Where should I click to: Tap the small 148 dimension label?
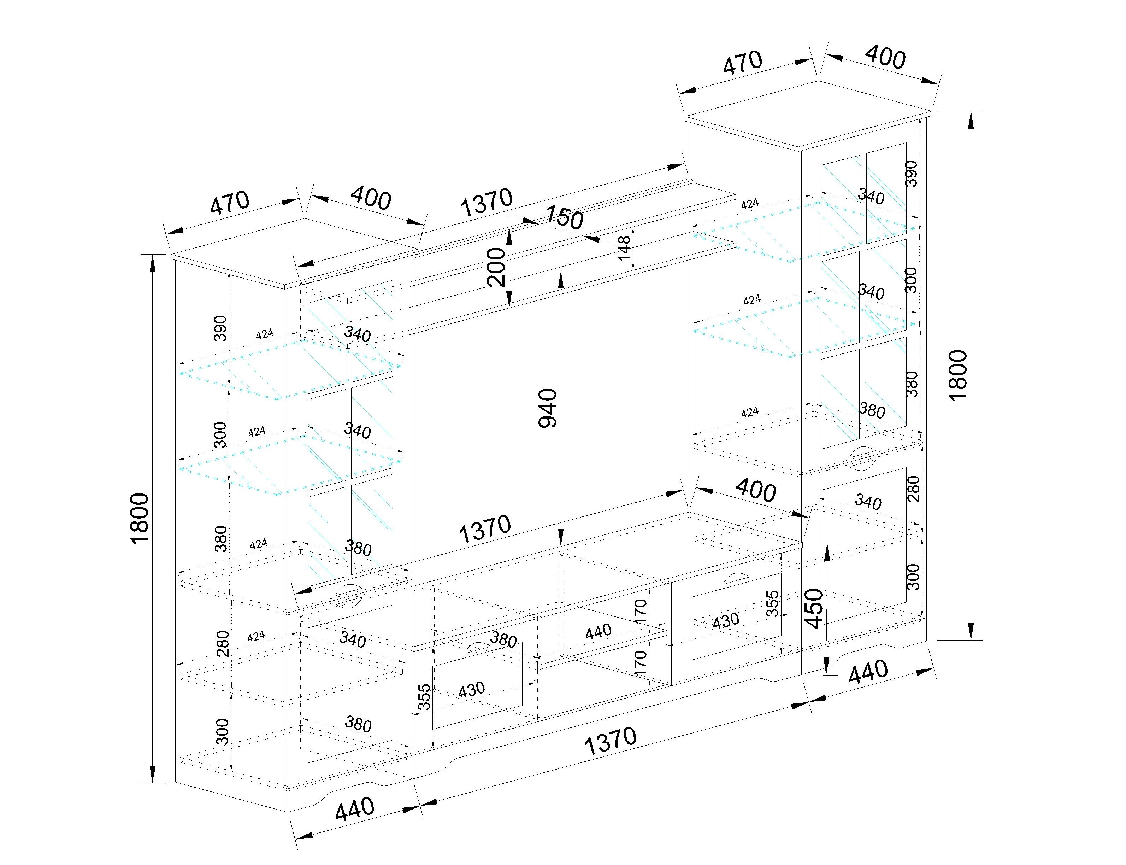click(624, 248)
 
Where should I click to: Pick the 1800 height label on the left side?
click(140, 518)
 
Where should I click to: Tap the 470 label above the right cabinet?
click(742, 62)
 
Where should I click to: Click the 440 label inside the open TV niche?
click(598, 631)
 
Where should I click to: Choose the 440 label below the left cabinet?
click(355, 809)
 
